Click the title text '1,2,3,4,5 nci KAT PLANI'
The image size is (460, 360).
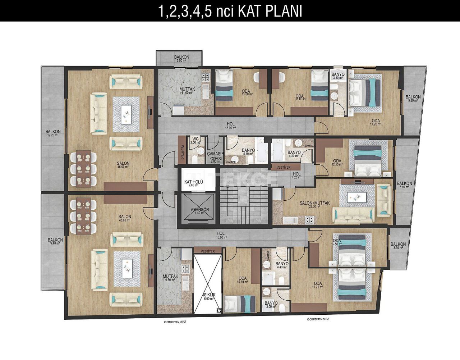point(230,11)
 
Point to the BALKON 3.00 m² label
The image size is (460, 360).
point(181,59)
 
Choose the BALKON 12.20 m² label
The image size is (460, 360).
point(53,133)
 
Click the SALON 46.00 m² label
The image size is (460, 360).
point(123,165)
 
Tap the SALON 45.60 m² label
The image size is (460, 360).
point(125,218)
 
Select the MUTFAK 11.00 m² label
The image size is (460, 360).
point(186,90)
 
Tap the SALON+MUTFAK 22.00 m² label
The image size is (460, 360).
point(314,205)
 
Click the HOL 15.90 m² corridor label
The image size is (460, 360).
point(230,126)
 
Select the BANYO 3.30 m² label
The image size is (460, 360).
point(338,76)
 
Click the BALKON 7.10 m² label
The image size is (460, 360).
point(404,185)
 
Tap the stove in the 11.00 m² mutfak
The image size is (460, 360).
point(205,76)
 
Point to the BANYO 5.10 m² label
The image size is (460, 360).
point(248,152)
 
